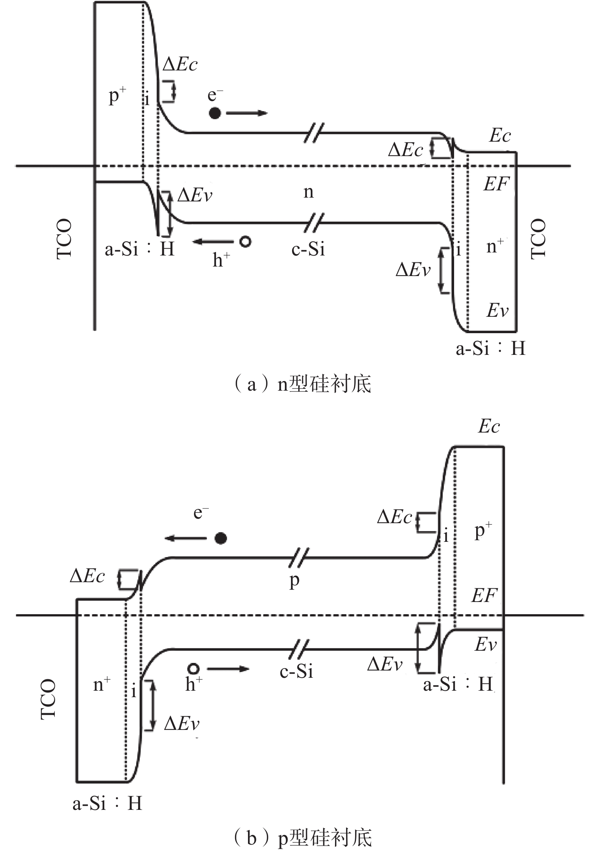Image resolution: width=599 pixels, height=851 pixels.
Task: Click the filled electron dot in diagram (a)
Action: point(215,113)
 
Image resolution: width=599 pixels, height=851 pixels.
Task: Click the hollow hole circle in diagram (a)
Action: point(245,241)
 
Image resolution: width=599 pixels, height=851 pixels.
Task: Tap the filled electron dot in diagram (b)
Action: point(221,538)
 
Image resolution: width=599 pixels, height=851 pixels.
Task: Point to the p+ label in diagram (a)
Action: point(117,96)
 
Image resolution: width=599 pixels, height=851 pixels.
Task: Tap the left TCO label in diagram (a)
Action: point(64,239)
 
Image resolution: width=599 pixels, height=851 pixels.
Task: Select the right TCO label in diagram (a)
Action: point(538,239)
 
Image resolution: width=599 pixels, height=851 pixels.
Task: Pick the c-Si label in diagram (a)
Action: point(308,249)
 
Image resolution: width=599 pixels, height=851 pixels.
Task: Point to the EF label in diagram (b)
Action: point(484,595)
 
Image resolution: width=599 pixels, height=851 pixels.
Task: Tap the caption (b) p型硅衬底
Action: point(302,838)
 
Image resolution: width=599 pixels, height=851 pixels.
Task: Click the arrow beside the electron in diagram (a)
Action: point(247,113)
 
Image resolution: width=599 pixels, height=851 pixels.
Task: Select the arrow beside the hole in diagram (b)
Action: point(228,669)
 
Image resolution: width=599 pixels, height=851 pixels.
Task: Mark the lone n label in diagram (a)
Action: point(308,192)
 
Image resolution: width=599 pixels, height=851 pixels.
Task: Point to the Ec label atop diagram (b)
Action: point(489,426)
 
